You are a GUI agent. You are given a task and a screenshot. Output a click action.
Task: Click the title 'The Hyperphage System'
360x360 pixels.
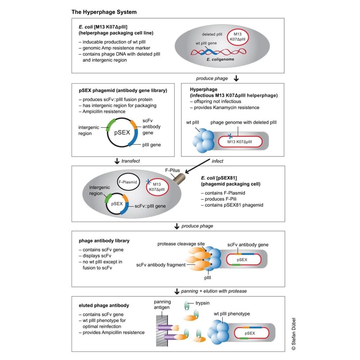pyautogui.click(x=104, y=12)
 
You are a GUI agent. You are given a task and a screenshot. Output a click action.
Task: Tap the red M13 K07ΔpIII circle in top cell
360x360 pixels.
pyautogui.click(x=238, y=38)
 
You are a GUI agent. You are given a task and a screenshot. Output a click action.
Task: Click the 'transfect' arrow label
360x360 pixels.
pyautogui.click(x=130, y=161)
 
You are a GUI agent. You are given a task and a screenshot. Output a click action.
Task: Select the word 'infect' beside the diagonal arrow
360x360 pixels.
pyautogui.click(x=217, y=161)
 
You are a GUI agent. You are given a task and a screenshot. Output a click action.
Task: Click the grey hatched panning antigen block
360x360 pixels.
pyautogui.click(x=162, y=330)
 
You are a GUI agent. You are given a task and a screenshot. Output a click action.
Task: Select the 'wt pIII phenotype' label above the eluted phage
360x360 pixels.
pyautogui.click(x=231, y=314)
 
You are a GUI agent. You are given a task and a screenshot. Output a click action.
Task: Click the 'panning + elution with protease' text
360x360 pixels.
pyautogui.click(x=214, y=291)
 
